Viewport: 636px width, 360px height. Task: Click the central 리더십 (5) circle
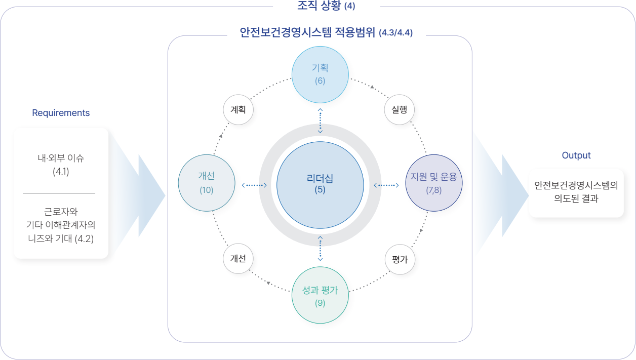[x=320, y=184]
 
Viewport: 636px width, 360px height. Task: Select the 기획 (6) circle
[x=320, y=74]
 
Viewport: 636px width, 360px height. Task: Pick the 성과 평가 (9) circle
[x=320, y=296]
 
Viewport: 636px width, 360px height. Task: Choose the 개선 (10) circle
[x=207, y=183]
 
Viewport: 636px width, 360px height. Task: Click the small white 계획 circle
[x=238, y=109]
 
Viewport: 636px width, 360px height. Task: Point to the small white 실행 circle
[x=400, y=109]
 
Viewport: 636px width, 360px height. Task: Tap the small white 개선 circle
[x=238, y=259]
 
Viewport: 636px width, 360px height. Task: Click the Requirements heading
[x=61, y=113]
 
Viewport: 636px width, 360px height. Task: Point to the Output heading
[x=576, y=155]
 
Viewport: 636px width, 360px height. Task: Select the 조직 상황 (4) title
[x=326, y=6]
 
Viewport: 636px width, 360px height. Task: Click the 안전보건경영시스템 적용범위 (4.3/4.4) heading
[x=326, y=33]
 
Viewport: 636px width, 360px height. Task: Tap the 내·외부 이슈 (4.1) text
[x=61, y=164]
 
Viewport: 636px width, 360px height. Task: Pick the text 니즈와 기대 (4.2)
[x=61, y=238]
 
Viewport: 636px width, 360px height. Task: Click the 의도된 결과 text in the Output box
[x=576, y=199]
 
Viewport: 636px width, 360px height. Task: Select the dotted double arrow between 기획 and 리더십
[x=320, y=121]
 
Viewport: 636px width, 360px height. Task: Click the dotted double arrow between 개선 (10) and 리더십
[x=254, y=185]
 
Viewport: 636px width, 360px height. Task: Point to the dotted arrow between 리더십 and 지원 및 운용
[x=386, y=185]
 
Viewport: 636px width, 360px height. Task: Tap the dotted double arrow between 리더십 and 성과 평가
[x=320, y=248]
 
